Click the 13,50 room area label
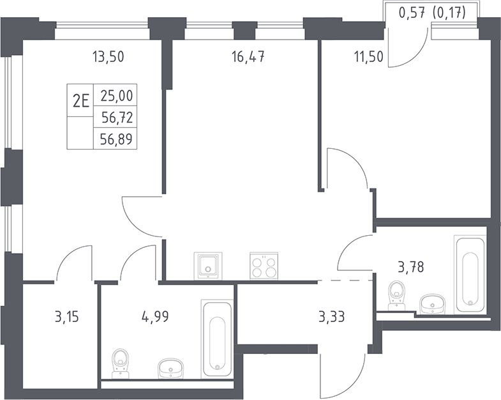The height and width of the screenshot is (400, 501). [x=108, y=57]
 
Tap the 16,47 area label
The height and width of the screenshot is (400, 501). [x=248, y=57]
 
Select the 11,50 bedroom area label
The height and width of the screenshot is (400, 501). [x=368, y=57]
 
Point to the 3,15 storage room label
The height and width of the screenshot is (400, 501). [x=67, y=317]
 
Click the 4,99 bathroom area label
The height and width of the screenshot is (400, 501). [x=155, y=317]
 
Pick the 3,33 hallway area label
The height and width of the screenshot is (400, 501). [x=332, y=317]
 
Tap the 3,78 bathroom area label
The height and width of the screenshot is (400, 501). [x=411, y=266]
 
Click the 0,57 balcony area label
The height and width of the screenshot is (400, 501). [x=412, y=13]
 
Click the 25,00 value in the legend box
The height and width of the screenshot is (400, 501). [x=116, y=95]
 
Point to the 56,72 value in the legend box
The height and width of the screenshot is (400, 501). [x=117, y=118]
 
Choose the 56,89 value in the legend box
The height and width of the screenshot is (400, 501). [x=116, y=139]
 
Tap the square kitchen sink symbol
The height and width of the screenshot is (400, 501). [x=207, y=266]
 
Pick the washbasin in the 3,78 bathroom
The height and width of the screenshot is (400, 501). [x=432, y=304]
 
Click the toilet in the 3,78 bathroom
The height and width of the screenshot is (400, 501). [x=396, y=295]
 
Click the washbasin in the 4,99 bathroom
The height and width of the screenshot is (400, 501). [x=171, y=368]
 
